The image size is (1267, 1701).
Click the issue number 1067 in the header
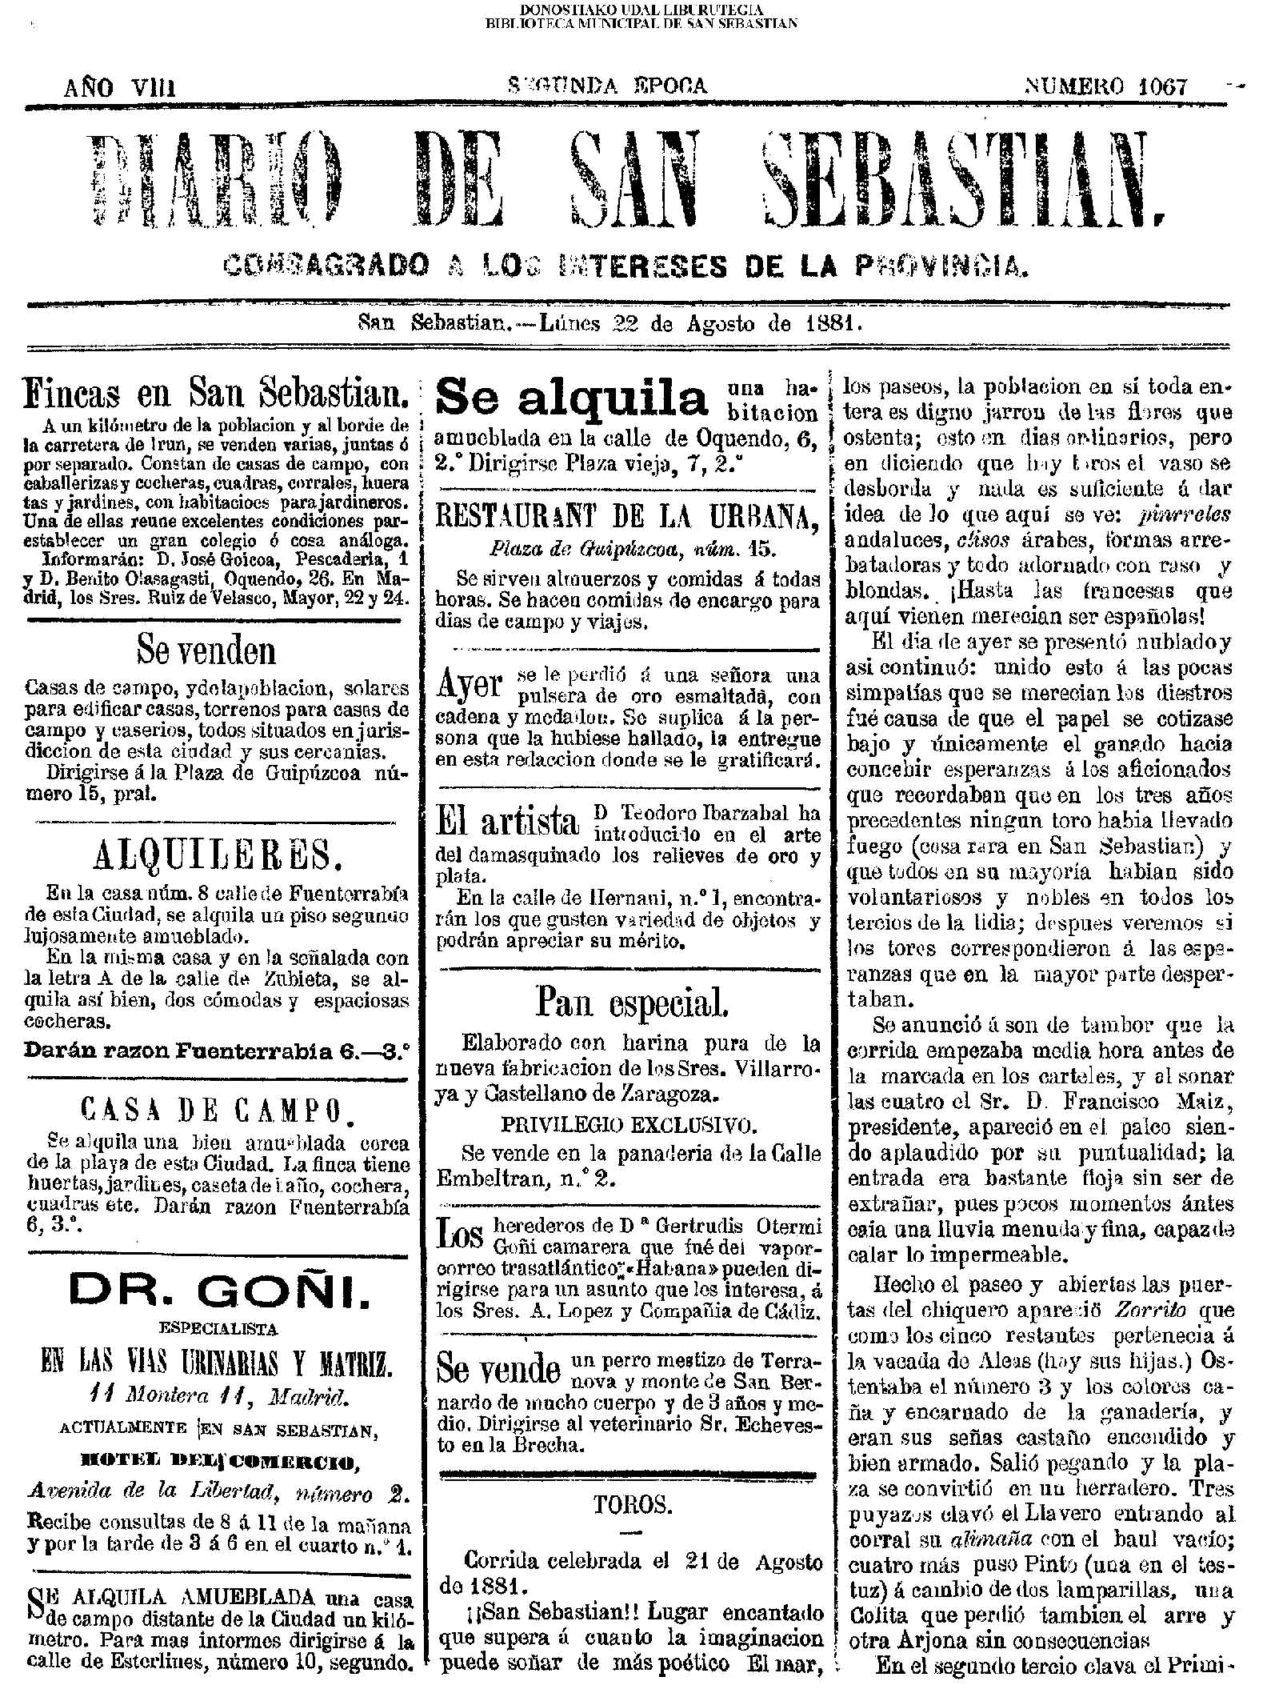coord(1157,86)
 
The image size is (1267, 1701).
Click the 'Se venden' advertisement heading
coord(207,651)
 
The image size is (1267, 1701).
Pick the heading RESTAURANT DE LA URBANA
coord(628,520)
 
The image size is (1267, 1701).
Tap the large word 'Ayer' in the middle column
coord(470,684)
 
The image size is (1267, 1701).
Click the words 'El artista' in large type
coord(507,822)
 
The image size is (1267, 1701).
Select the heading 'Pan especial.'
coord(631,1002)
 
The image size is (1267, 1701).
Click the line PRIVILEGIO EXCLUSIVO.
coord(629,1126)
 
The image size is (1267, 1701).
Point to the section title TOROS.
coord(631,1505)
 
